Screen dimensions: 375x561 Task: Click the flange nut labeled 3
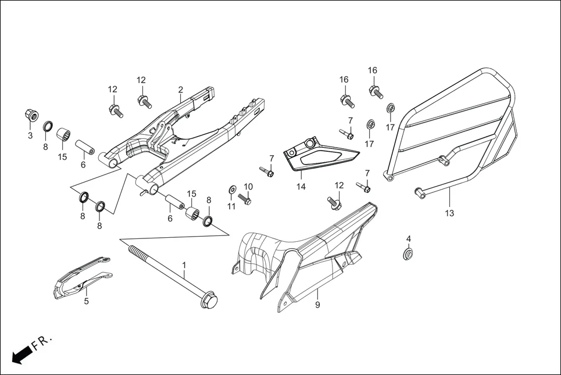click(x=31, y=115)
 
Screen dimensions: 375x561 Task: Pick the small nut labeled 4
click(x=409, y=254)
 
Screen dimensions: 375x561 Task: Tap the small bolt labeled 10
click(x=244, y=199)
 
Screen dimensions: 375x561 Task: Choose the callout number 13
click(x=449, y=213)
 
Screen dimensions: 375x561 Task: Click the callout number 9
click(x=317, y=305)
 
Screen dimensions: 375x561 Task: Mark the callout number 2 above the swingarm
click(x=180, y=90)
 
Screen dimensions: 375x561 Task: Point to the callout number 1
click(x=184, y=265)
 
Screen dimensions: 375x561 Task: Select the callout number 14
click(x=301, y=187)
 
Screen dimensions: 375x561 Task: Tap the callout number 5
click(x=86, y=301)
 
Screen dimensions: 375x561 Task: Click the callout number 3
click(x=30, y=135)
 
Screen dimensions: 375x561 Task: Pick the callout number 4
click(x=409, y=239)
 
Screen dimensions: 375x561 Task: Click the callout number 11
click(x=231, y=206)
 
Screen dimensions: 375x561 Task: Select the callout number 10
click(x=248, y=187)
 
